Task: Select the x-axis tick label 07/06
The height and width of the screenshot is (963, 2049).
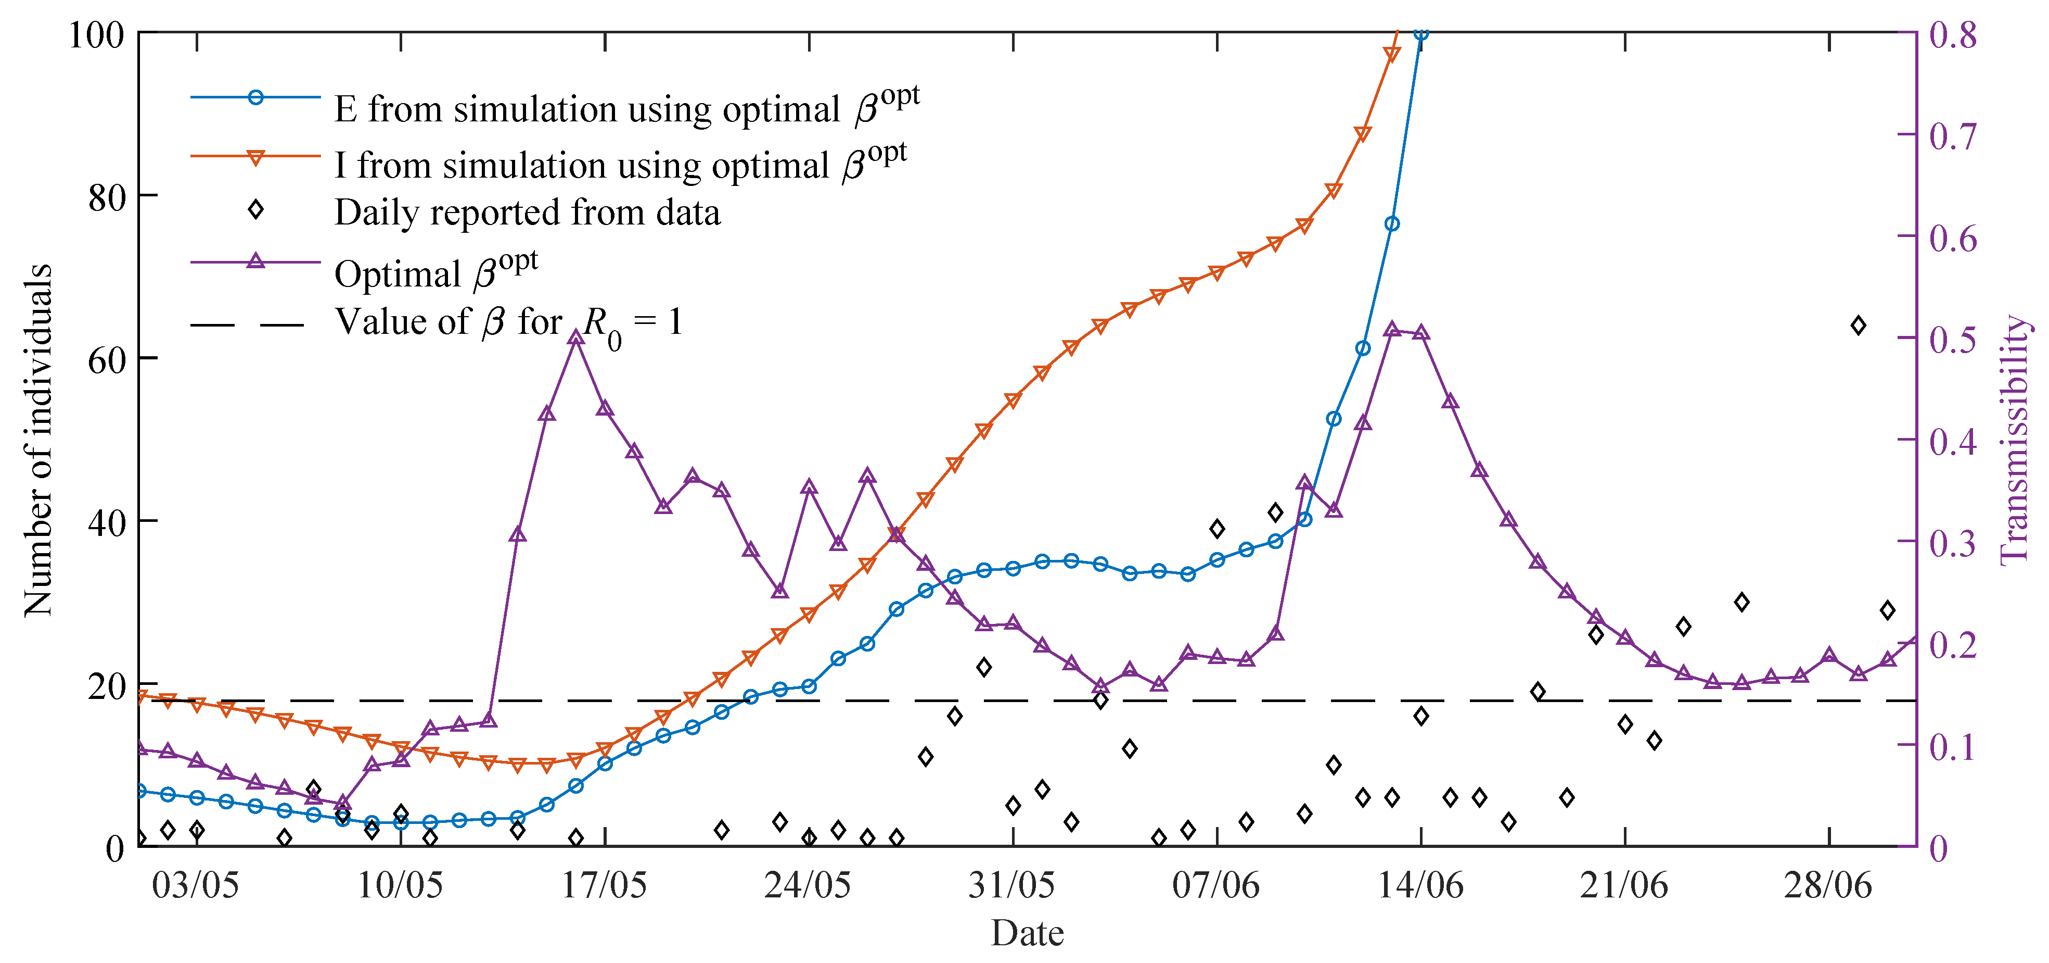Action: coord(1215,885)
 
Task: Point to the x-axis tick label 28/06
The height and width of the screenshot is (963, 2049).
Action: coord(1828,885)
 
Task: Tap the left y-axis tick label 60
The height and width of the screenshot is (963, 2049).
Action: coord(107,360)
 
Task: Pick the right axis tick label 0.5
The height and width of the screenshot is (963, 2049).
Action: coord(1953,339)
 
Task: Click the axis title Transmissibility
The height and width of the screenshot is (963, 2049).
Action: coord(2016,440)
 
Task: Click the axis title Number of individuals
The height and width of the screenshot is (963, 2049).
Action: coord(37,440)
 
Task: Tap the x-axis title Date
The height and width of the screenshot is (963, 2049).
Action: coord(1027,933)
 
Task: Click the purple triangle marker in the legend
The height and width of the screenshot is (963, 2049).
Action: coord(255,261)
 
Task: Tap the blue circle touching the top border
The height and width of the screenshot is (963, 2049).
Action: coord(1420,33)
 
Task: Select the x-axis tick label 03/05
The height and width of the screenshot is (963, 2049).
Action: coord(195,885)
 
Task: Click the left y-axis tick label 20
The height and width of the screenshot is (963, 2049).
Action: coord(107,686)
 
